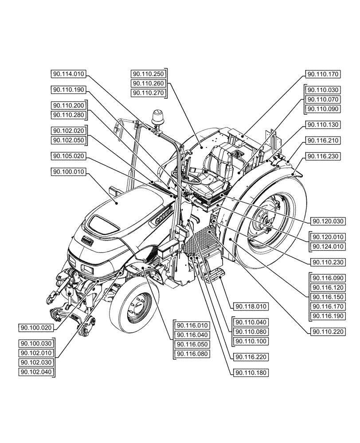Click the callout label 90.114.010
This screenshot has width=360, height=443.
(x=68, y=74)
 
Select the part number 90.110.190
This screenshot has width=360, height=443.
(x=68, y=89)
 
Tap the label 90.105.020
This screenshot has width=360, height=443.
(x=68, y=156)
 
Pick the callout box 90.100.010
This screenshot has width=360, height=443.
(x=68, y=171)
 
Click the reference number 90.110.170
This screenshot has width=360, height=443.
(x=322, y=74)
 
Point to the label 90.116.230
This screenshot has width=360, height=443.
(x=322, y=156)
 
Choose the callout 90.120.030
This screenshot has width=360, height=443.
(x=329, y=221)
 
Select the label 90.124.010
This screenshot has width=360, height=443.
(x=329, y=246)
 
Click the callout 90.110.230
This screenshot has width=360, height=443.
(x=329, y=262)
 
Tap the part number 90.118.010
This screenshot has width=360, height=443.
(x=249, y=306)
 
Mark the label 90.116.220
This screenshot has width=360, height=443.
(x=249, y=357)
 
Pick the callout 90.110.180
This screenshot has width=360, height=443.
(x=249, y=373)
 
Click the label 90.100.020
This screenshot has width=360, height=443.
(x=36, y=328)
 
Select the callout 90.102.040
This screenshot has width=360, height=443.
(x=36, y=372)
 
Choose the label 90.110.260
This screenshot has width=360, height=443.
(x=148, y=83)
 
